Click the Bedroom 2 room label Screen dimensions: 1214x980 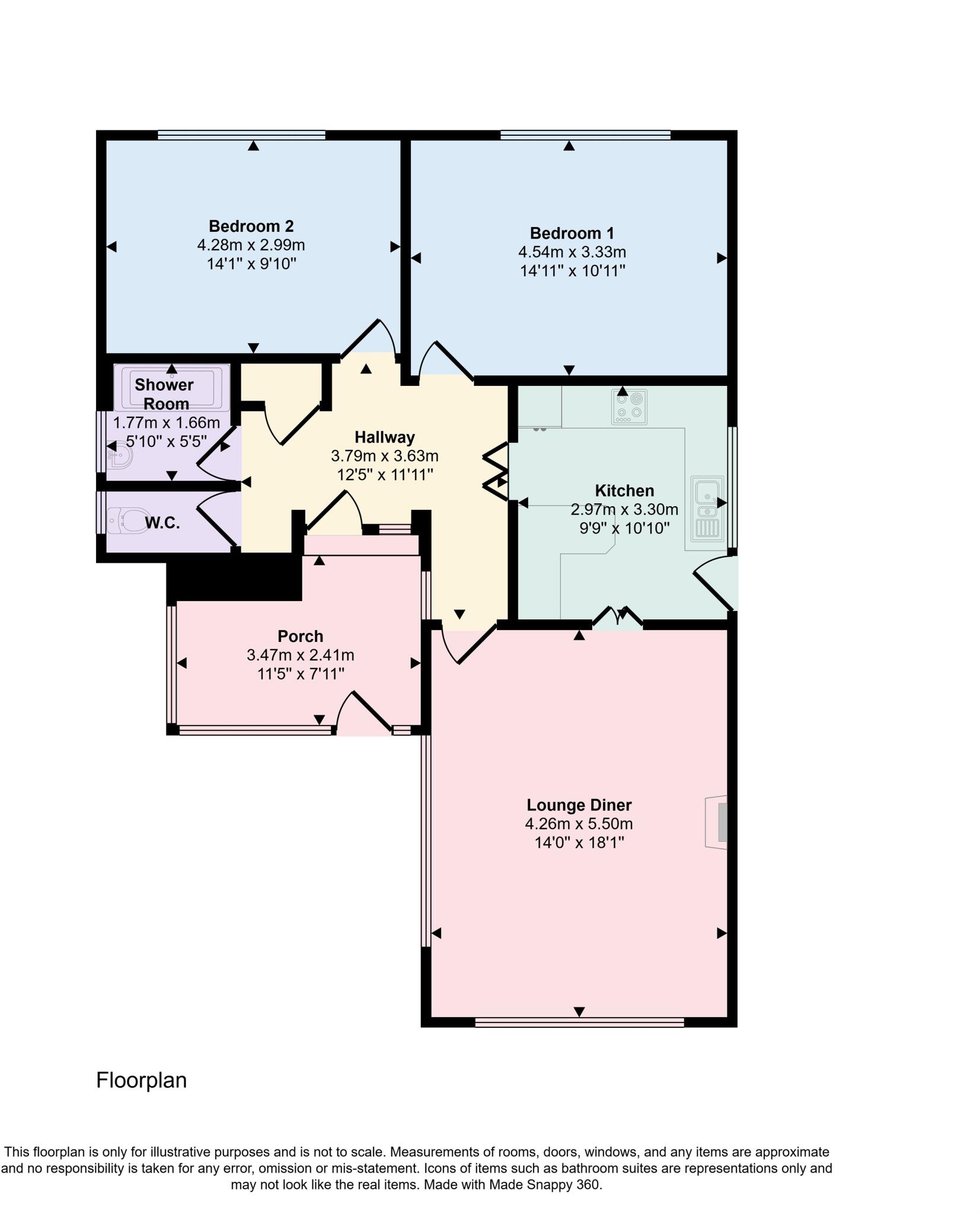click(x=251, y=226)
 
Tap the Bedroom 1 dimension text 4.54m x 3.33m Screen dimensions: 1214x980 click(x=572, y=252)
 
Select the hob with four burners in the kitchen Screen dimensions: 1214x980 click(x=628, y=407)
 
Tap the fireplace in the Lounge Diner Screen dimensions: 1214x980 click(x=716, y=822)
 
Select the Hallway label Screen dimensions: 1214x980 click(x=384, y=437)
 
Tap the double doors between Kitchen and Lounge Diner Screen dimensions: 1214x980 click(x=618, y=616)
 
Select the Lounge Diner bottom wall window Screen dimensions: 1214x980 click(x=579, y=1021)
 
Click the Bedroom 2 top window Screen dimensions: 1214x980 click(x=241, y=135)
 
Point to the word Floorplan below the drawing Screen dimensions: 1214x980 click(x=141, y=1080)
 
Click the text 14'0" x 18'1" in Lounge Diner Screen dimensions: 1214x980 click(x=579, y=842)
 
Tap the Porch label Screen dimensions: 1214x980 click(x=300, y=636)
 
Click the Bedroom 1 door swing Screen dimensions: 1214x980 click(x=445, y=359)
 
